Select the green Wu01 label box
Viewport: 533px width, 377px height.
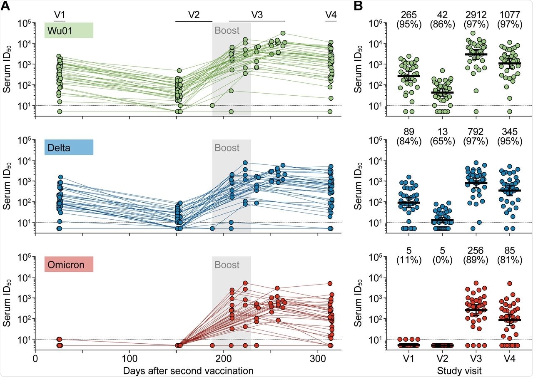coord(69,30)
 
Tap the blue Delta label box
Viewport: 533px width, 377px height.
coord(69,147)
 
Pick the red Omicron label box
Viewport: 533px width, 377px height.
coord(69,264)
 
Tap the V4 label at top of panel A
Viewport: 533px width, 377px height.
coord(331,15)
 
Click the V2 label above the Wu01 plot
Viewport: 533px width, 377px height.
coord(194,15)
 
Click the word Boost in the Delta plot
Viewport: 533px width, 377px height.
coord(227,148)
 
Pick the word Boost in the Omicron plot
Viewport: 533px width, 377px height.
coord(227,265)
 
